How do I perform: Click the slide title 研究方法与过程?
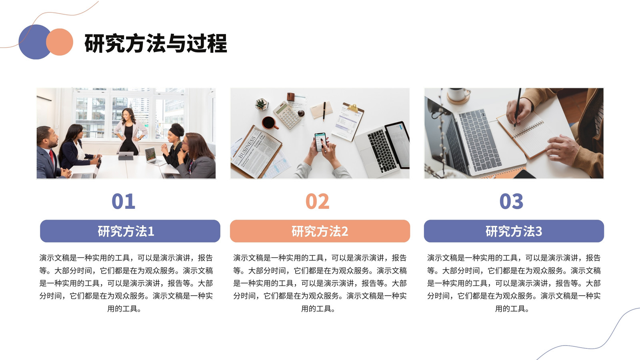(156, 43)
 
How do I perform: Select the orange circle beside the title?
(60, 42)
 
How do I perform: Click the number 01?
(123, 201)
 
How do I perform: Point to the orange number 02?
(317, 201)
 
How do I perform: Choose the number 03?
(511, 201)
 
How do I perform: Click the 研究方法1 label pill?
(130, 231)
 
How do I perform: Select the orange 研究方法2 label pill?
(320, 231)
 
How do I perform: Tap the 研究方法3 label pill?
(514, 231)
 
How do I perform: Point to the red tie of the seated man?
(52, 158)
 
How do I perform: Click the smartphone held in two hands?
(320, 142)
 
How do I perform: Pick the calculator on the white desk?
(288, 114)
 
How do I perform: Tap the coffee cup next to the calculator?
(270, 123)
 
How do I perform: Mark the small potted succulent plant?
(261, 104)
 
